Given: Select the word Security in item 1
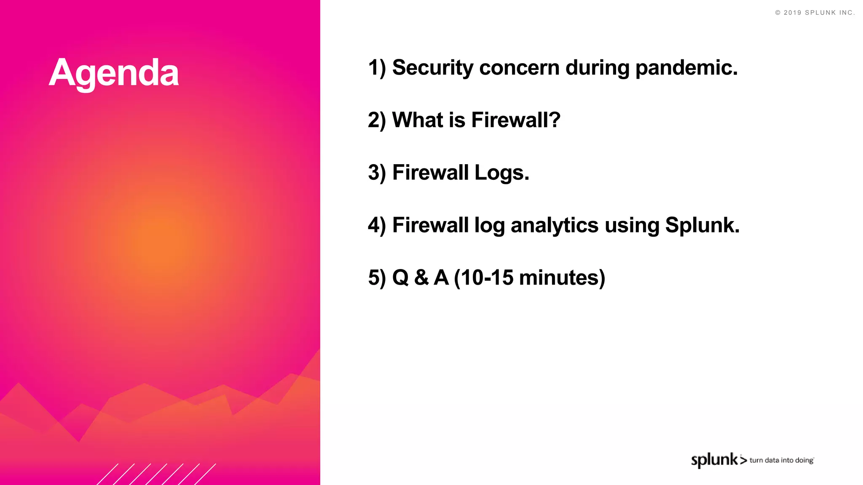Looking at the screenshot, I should [433, 68].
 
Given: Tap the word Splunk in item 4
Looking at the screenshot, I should [702, 225].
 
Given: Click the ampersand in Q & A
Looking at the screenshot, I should [421, 278].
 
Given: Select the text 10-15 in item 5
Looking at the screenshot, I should [487, 278].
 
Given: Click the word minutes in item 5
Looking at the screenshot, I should [561, 278].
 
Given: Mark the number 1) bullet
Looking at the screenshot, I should [377, 68].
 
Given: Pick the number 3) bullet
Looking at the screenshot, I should [377, 173].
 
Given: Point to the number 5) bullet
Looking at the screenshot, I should [377, 278].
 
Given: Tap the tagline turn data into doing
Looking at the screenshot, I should [781, 460].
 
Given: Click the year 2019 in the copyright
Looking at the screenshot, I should [792, 13].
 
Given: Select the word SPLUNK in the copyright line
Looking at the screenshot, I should [820, 13].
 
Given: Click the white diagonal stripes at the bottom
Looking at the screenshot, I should [156, 474].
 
